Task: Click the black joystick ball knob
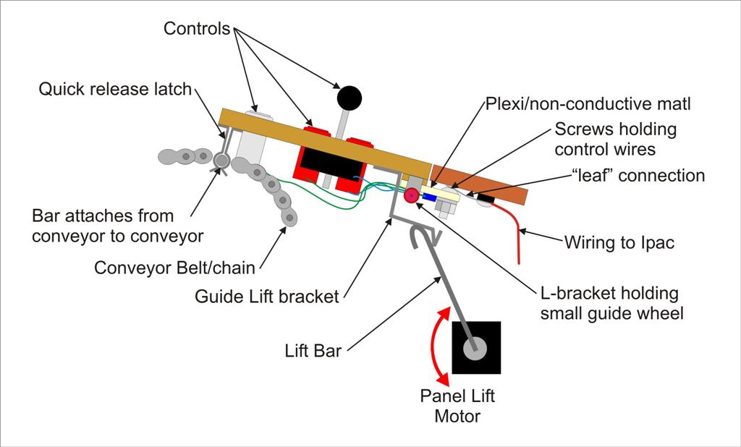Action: click(x=350, y=98)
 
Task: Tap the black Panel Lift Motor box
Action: click(x=476, y=348)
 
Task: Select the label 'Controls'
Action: click(x=197, y=28)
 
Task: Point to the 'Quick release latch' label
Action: click(x=115, y=89)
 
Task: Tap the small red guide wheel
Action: click(x=411, y=195)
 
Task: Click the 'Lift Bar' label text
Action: click(x=313, y=351)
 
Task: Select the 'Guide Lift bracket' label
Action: click(x=267, y=297)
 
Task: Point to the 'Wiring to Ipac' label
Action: click(x=619, y=242)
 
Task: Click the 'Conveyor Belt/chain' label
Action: click(x=175, y=268)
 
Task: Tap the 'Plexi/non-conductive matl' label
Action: click(x=588, y=104)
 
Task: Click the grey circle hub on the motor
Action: click(x=475, y=349)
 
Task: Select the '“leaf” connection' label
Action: click(x=638, y=175)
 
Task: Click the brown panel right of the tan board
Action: click(x=479, y=184)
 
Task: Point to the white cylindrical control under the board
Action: click(x=253, y=136)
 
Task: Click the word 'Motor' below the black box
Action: click(x=457, y=417)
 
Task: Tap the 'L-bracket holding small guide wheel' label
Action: click(x=612, y=303)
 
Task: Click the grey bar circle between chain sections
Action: click(x=221, y=161)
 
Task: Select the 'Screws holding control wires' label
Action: click(x=615, y=139)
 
